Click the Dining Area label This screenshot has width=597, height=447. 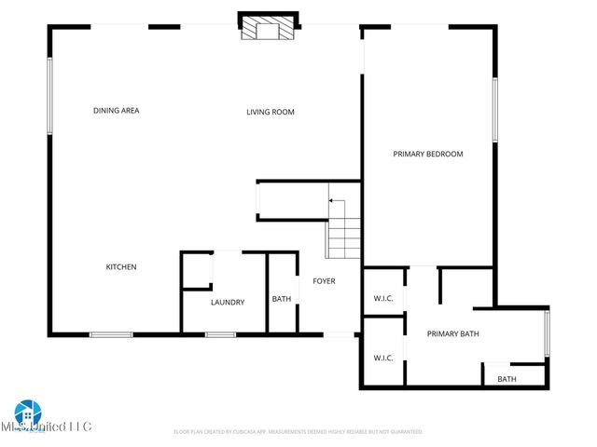(x=117, y=111)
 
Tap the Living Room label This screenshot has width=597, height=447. (x=271, y=113)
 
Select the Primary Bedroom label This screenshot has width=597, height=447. (x=427, y=155)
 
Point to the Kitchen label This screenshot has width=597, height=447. (x=121, y=267)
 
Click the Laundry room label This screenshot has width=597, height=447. (x=228, y=303)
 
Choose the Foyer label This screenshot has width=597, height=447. (x=324, y=281)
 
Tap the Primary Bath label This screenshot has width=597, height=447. (x=453, y=333)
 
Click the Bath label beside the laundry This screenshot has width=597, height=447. (x=281, y=299)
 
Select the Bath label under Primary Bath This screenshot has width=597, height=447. (x=507, y=379)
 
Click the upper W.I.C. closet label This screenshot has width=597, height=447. (x=383, y=299)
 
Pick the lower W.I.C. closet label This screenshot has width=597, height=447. (x=383, y=358)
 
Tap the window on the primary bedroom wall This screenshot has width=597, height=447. (x=495, y=109)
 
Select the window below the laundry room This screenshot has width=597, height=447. (x=219, y=334)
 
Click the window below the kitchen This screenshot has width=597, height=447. (x=111, y=334)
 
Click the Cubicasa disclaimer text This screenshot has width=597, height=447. (x=298, y=432)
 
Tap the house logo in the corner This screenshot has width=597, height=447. (x=27, y=411)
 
